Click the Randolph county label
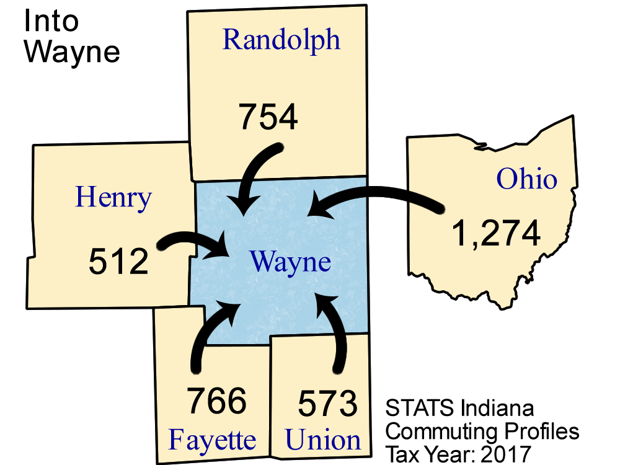(x=281, y=40)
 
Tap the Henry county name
(x=113, y=198)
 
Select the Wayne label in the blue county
(x=290, y=262)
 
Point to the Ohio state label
(x=526, y=180)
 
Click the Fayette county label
(x=212, y=441)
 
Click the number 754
(x=268, y=118)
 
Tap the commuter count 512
(x=118, y=261)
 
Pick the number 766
(x=216, y=402)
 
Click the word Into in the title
(x=51, y=21)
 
